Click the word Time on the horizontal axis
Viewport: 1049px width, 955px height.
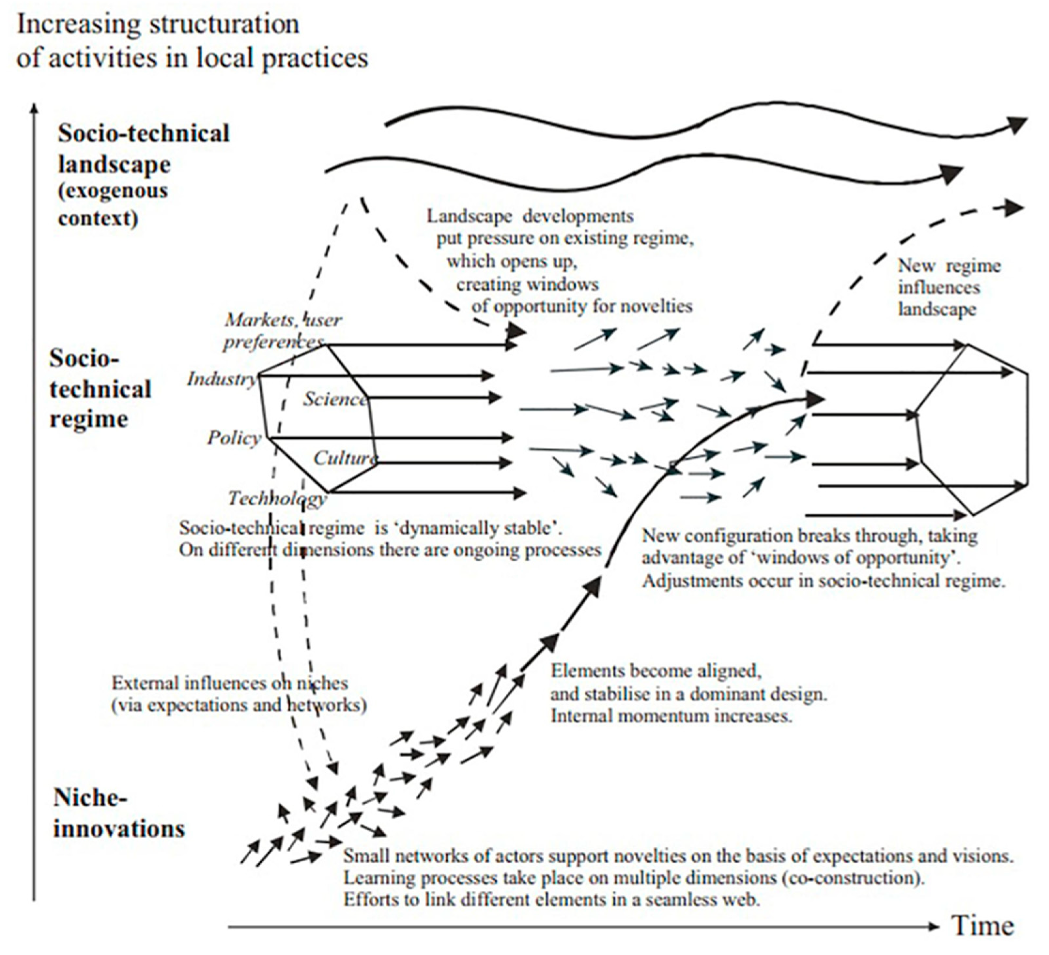tap(982, 925)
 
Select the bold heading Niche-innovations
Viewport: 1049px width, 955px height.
tap(119, 812)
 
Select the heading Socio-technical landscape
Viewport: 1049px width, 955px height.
tap(144, 149)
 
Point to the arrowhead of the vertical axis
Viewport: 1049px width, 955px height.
tap(34, 108)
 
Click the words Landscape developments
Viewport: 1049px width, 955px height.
tap(530, 216)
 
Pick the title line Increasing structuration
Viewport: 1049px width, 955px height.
tap(158, 24)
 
